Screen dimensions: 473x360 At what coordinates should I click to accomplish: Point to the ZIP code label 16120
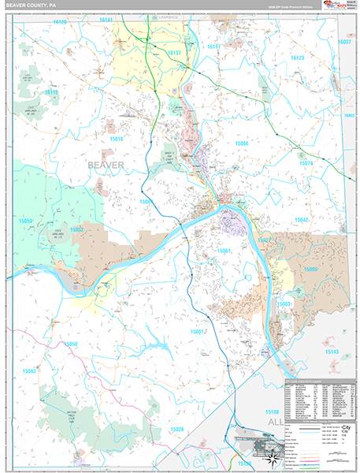60,22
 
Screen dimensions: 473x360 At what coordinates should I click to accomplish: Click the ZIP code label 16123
297,58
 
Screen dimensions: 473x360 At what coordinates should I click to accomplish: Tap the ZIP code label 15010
117,139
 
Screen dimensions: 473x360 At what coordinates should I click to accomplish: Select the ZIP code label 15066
241,143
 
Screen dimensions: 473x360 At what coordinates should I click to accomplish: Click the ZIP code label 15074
306,163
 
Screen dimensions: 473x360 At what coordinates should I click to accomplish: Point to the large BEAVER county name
106,165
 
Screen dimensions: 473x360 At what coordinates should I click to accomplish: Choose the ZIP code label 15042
302,199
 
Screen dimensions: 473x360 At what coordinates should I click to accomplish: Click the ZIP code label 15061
225,251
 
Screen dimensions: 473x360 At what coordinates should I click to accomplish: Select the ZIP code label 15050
71,345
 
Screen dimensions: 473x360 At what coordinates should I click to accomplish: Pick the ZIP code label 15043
30,371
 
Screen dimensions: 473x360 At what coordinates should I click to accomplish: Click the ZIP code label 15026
176,429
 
